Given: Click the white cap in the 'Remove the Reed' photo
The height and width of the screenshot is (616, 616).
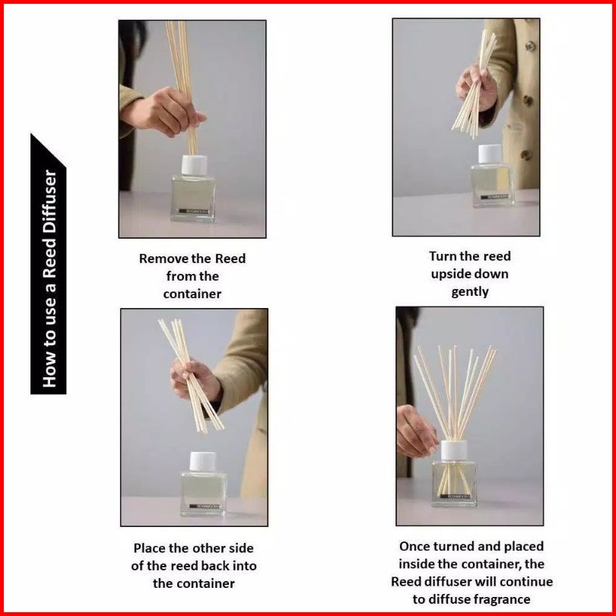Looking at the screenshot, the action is pyautogui.click(x=194, y=165).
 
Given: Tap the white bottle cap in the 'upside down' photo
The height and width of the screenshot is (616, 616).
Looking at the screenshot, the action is pyautogui.click(x=491, y=154).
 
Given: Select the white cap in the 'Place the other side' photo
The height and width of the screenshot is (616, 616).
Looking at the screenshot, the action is pyautogui.click(x=203, y=461).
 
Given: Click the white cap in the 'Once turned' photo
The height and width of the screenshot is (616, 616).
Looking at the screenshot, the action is pyautogui.click(x=454, y=450).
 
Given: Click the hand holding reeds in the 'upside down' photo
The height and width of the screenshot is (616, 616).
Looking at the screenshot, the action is pyautogui.click(x=476, y=87).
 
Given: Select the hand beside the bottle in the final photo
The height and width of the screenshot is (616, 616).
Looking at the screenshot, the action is pyautogui.click(x=415, y=431).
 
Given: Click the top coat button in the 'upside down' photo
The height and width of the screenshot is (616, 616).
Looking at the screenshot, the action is pyautogui.click(x=530, y=46).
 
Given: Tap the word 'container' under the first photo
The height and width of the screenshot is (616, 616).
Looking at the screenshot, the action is pyautogui.click(x=192, y=294).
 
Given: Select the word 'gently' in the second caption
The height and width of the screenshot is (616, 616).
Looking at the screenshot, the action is pyautogui.click(x=470, y=292).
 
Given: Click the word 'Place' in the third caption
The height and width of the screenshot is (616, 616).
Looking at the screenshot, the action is pyautogui.click(x=149, y=548).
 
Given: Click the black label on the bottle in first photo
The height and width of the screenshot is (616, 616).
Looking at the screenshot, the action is pyautogui.click(x=193, y=211).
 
